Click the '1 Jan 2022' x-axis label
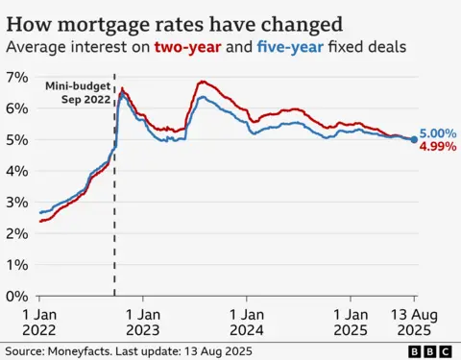click(39, 320)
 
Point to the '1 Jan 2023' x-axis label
click(143, 320)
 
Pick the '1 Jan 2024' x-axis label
click(247, 320)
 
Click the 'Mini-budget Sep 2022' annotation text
click(77, 92)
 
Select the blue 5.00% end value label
click(437, 134)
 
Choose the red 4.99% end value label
click(437, 148)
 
